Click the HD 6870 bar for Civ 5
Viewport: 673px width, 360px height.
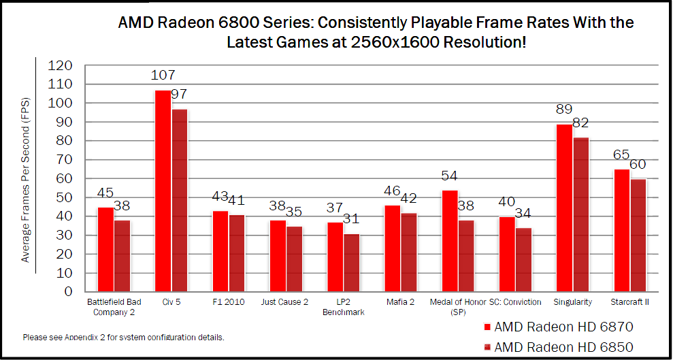coord(163,191)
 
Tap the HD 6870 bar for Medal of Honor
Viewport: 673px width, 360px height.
coord(449,241)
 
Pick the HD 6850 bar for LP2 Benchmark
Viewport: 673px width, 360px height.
coord(351,263)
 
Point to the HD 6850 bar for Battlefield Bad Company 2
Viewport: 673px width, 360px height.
coord(122,256)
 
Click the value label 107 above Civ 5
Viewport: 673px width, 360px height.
coord(163,75)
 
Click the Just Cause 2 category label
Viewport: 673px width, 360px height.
coord(284,302)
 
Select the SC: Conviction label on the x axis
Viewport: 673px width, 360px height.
coord(515,302)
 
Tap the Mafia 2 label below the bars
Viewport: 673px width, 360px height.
coord(399,302)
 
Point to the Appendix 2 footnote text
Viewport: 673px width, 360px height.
coord(123,338)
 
